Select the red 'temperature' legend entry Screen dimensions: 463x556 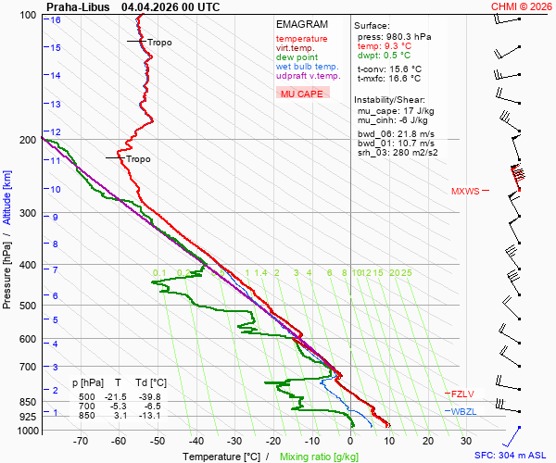[x=301, y=39]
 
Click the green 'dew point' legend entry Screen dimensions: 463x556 [x=297, y=57]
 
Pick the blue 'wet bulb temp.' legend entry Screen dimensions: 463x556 [x=307, y=67]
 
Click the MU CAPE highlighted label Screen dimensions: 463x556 [x=302, y=94]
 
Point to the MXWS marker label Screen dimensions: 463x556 [x=465, y=192]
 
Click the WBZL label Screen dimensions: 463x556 [x=462, y=411]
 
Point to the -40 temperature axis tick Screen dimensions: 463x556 [x=196, y=442]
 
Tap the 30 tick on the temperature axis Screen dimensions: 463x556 [x=466, y=442]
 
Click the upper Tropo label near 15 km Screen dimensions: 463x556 [x=159, y=43]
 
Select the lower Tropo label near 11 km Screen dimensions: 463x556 [x=138, y=159]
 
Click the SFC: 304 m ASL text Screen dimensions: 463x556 [x=512, y=456]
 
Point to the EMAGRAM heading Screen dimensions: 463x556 [x=302, y=24]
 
